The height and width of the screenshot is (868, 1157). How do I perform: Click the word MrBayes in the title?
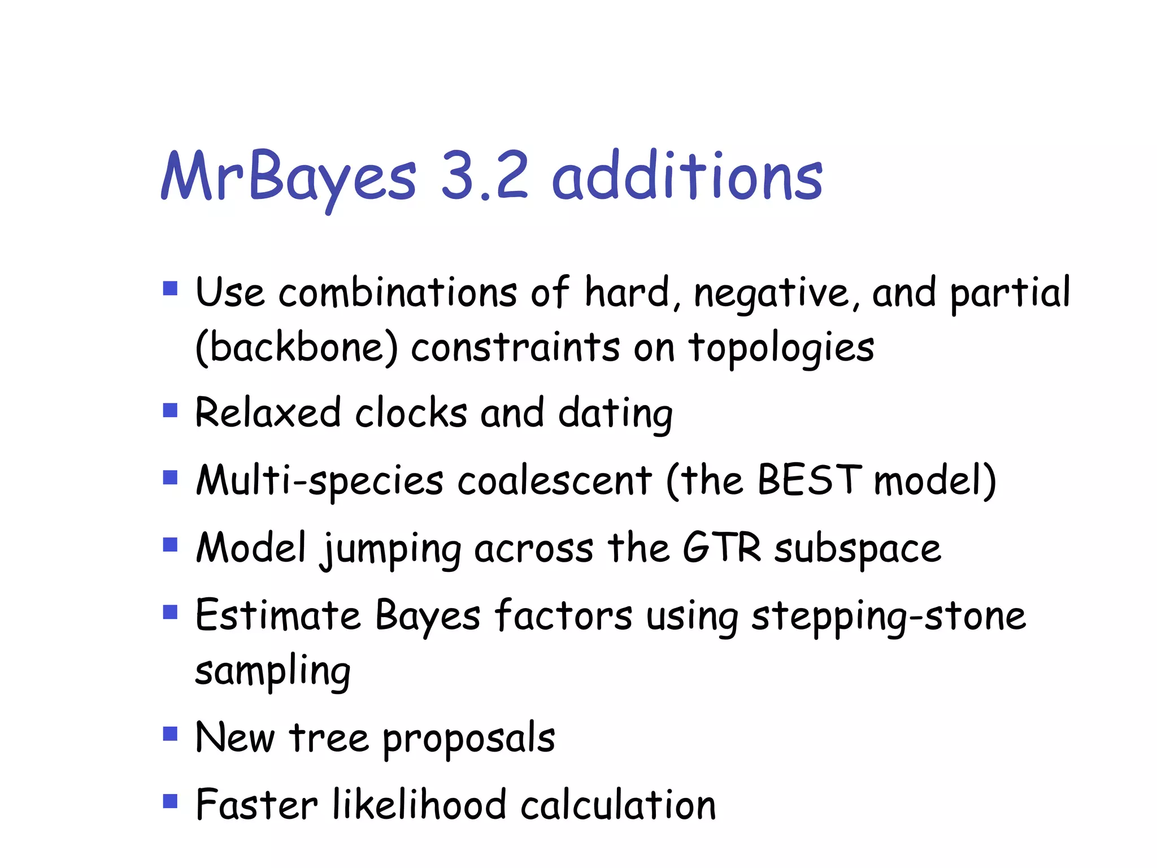point(289,177)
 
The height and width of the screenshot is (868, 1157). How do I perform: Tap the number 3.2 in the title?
point(484,176)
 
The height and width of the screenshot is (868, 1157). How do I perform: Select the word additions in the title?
point(686,176)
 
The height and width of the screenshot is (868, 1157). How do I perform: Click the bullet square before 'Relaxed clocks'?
point(170,410)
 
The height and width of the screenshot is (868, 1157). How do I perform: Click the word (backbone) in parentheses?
point(297,348)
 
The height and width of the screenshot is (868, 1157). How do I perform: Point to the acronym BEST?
point(810,480)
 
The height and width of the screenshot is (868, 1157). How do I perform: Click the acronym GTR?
point(721,547)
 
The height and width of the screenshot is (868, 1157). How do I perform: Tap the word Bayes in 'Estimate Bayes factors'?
point(428,615)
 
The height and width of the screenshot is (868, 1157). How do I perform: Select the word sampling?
point(273,671)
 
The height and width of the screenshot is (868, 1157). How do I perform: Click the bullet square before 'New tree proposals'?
point(170,734)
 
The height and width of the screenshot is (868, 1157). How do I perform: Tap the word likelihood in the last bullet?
point(419,805)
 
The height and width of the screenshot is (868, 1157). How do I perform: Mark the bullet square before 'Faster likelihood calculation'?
point(170,801)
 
